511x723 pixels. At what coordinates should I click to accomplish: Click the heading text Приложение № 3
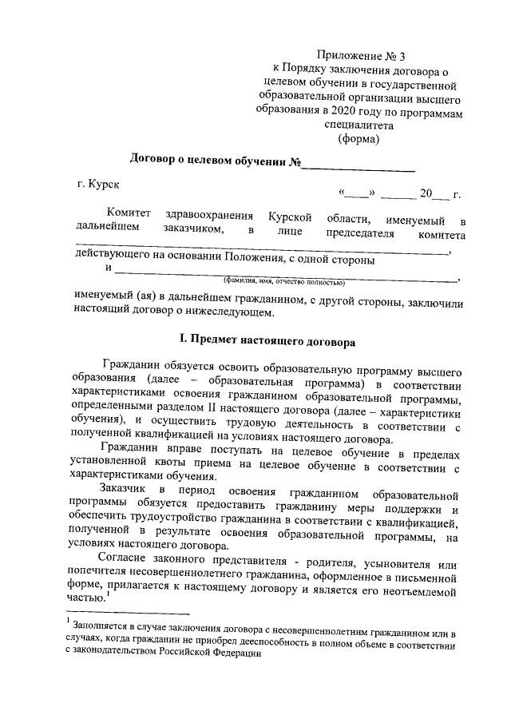click(x=361, y=56)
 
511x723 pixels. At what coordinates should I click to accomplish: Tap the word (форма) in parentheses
click(x=359, y=137)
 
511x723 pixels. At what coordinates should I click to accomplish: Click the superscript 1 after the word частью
click(x=107, y=593)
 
